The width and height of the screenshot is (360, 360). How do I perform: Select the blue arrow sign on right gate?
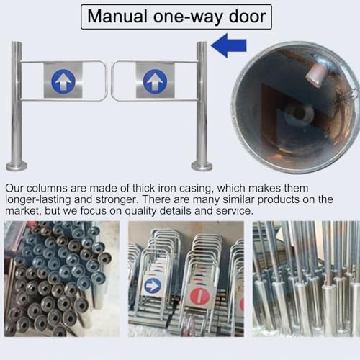click(156, 80)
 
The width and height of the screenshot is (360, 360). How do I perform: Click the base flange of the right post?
click(202, 166)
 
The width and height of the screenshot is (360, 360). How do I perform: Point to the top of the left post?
click(17, 45)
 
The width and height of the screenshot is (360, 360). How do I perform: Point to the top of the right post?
click(202, 45)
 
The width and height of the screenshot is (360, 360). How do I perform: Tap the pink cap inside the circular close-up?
click(317, 73)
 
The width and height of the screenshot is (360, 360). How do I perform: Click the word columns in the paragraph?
click(54, 188)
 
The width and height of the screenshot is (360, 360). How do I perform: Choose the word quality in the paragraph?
click(148, 211)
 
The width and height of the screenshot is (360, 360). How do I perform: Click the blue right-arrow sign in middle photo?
click(152, 286)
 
